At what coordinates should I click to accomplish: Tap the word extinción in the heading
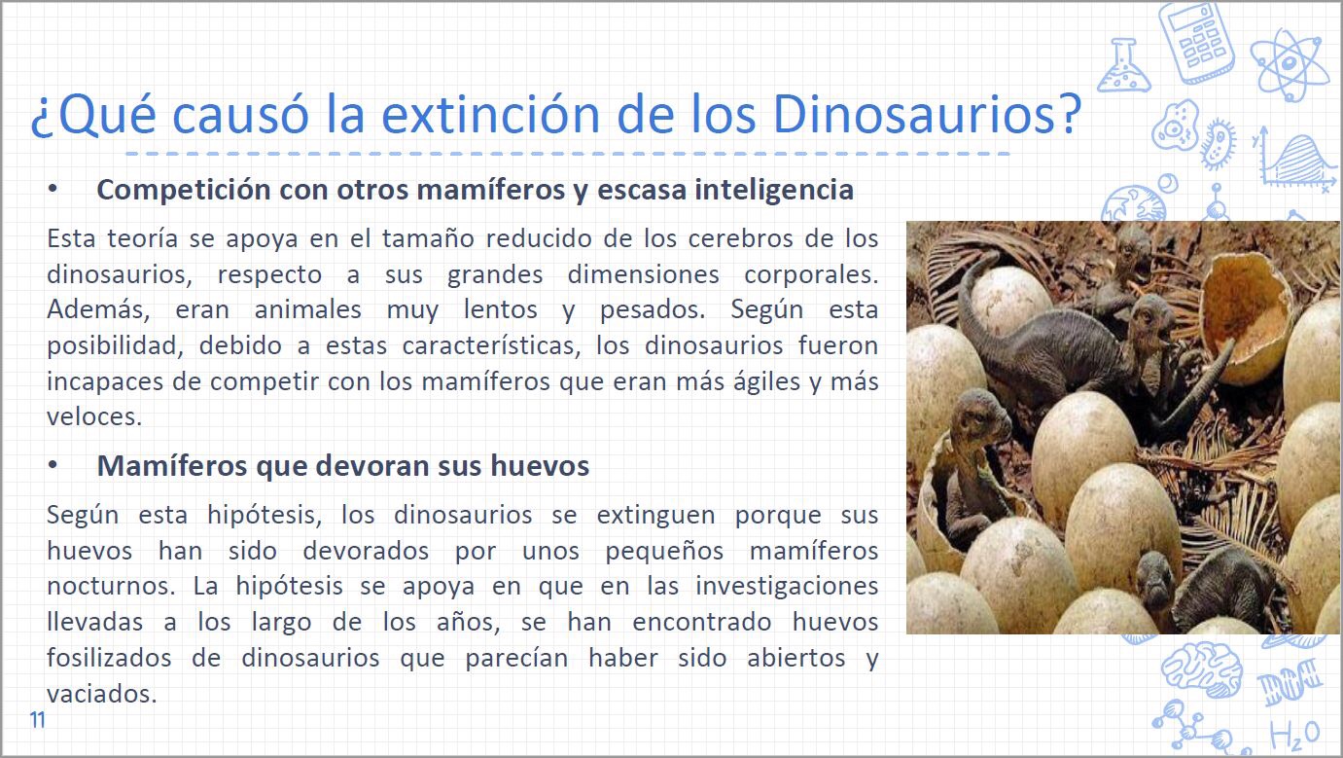[x=490, y=114]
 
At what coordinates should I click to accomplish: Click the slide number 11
[x=38, y=720]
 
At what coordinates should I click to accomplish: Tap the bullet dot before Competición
[x=53, y=189]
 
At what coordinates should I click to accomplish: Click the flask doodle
[x=1123, y=65]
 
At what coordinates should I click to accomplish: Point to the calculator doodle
[x=1197, y=42]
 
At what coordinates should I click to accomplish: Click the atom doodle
[x=1290, y=64]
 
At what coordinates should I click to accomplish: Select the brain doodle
[x=1202, y=669]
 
